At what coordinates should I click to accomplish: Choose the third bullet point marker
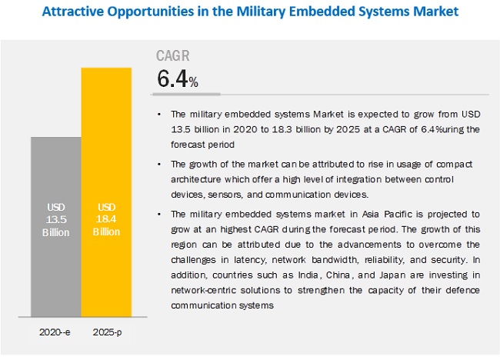pyautogui.click(x=159, y=213)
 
